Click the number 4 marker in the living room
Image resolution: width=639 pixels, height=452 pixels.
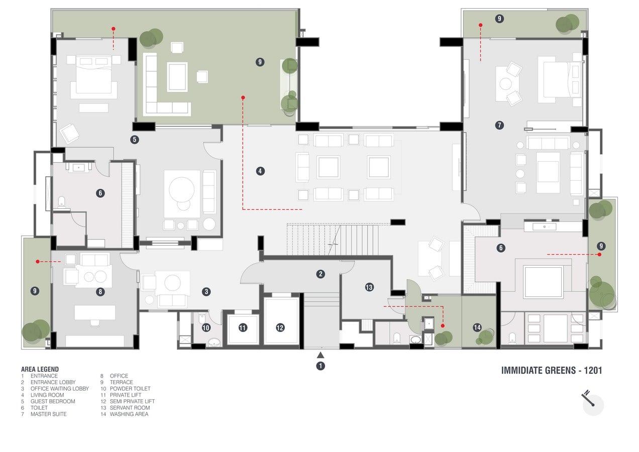coord(260,171)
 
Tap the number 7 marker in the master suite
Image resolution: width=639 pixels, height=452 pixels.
coord(499,125)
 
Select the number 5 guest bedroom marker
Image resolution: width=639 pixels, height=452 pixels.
coord(135,140)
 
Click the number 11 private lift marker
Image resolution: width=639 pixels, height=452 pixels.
coord(243,327)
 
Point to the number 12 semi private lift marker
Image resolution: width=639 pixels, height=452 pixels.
coord(280,327)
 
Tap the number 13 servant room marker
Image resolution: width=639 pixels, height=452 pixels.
coord(369,287)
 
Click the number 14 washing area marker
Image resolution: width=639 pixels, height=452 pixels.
coord(477,327)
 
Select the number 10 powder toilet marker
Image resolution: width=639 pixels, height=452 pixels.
coord(206,327)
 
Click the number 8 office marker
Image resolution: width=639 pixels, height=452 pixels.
coord(100,292)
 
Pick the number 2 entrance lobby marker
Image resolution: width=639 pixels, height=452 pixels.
coord(321,274)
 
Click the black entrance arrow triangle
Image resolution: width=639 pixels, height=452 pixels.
coord(321,355)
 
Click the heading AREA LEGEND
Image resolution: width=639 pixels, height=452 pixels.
coord(40,369)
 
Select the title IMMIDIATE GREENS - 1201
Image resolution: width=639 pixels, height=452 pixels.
coord(552,370)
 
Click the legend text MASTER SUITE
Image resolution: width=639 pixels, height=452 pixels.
coord(49,414)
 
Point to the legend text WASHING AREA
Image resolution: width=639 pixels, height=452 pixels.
coord(129,414)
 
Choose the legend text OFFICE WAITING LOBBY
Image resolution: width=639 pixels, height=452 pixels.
coord(60,389)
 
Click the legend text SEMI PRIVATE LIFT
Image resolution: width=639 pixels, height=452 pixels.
coord(132,401)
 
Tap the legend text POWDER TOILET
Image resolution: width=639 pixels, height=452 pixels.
coord(130,389)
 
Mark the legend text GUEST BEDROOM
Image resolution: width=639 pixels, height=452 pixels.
coord(53,401)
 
